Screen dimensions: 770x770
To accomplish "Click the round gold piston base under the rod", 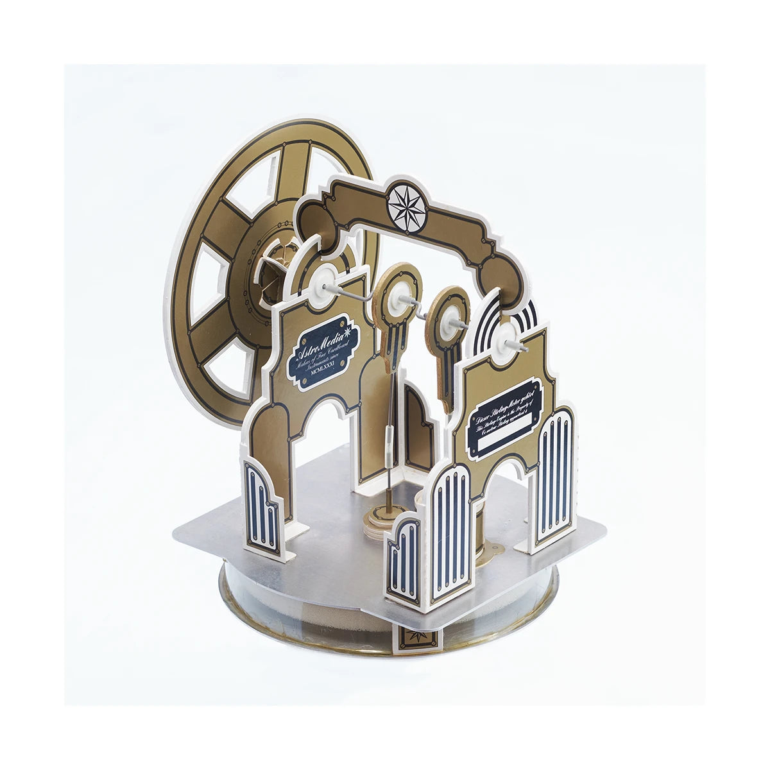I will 381,513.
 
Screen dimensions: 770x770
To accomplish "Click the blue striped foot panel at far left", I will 262,507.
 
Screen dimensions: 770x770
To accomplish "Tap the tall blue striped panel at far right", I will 554,475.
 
